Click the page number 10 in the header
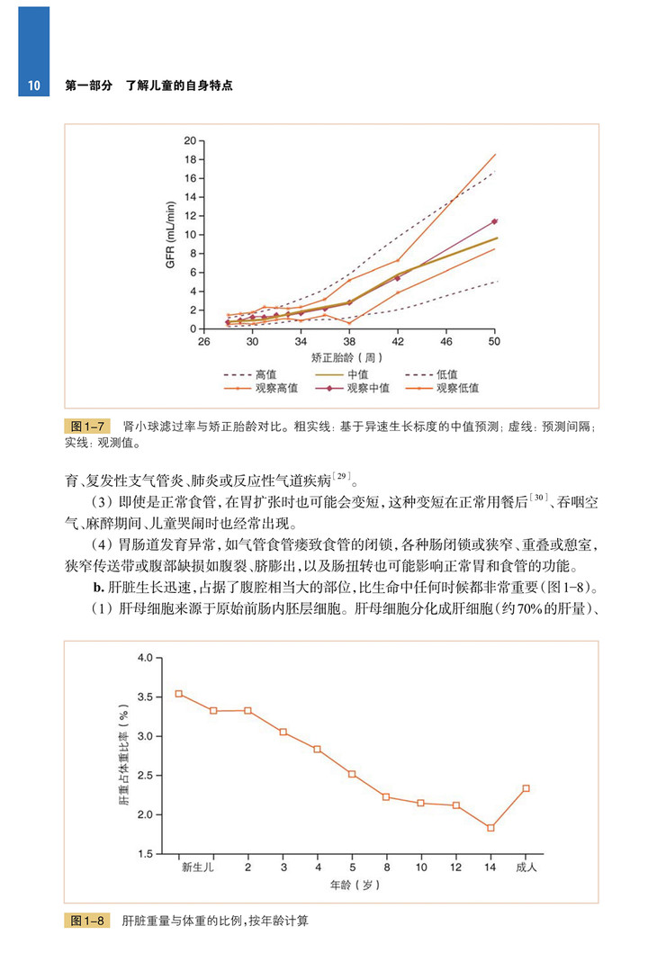[x=31, y=86]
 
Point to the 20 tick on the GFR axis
[x=189, y=140]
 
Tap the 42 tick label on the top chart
[x=398, y=343]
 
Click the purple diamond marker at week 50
[x=494, y=220]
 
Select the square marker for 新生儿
[x=179, y=694]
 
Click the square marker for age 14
[x=490, y=828]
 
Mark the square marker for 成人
[x=526, y=788]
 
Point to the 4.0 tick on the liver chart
[x=143, y=658]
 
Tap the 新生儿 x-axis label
[x=196, y=868]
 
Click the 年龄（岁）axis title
[x=354, y=886]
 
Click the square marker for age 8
[x=386, y=796]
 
